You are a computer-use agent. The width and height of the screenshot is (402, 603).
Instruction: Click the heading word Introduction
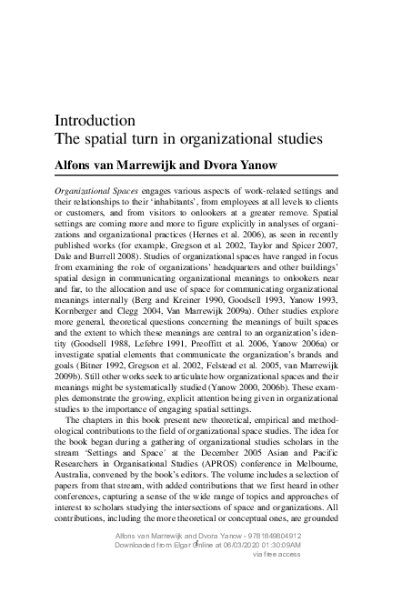tap(95, 120)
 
